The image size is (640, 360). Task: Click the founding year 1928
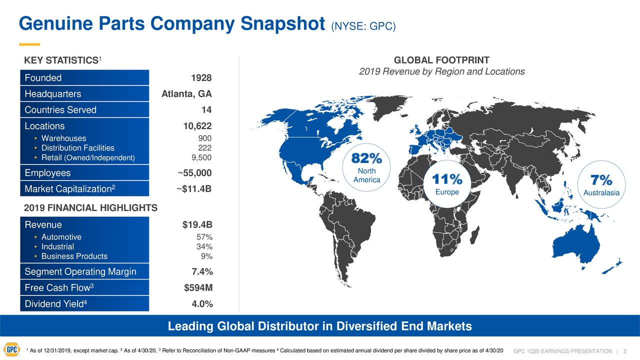[x=201, y=78]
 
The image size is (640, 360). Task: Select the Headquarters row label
[x=52, y=94]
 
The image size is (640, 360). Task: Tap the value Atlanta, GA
[x=186, y=94]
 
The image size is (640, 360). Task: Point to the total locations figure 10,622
[x=197, y=126]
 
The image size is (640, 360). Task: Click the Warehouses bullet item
[x=63, y=138]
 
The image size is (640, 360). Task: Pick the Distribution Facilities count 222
[x=205, y=148]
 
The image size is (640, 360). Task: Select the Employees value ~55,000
[x=194, y=173]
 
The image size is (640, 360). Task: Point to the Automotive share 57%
[x=205, y=237]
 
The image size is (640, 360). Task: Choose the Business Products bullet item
[x=74, y=256]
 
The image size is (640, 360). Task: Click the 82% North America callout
[x=366, y=167]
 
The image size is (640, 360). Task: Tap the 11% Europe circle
[x=447, y=184]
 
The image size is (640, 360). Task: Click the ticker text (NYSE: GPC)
[x=363, y=25]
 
